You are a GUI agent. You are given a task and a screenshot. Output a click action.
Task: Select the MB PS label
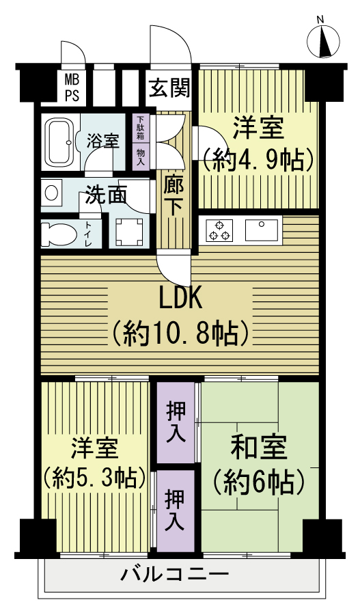tap(72, 88)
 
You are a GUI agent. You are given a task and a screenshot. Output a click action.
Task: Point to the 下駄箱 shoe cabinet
tap(140, 128)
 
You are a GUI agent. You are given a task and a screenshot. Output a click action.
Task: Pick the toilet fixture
tap(59, 234)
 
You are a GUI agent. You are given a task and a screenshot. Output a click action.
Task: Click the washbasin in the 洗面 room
tap(52, 192)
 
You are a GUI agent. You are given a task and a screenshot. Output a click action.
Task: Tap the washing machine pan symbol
tap(129, 232)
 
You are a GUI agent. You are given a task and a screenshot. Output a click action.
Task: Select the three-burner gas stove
tap(219, 230)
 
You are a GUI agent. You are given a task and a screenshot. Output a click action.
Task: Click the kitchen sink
tap(261, 230)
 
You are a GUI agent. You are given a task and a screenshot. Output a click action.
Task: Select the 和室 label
tap(259, 447)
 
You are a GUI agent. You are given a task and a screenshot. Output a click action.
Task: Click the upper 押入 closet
tap(176, 422)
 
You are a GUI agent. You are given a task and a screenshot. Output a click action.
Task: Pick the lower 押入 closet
tap(176, 510)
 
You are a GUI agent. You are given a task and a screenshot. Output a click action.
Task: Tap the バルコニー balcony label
tap(174, 574)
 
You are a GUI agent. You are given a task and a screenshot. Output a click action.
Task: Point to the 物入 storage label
tap(140, 156)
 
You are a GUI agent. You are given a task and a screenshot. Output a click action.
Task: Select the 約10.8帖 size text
tap(180, 333)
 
